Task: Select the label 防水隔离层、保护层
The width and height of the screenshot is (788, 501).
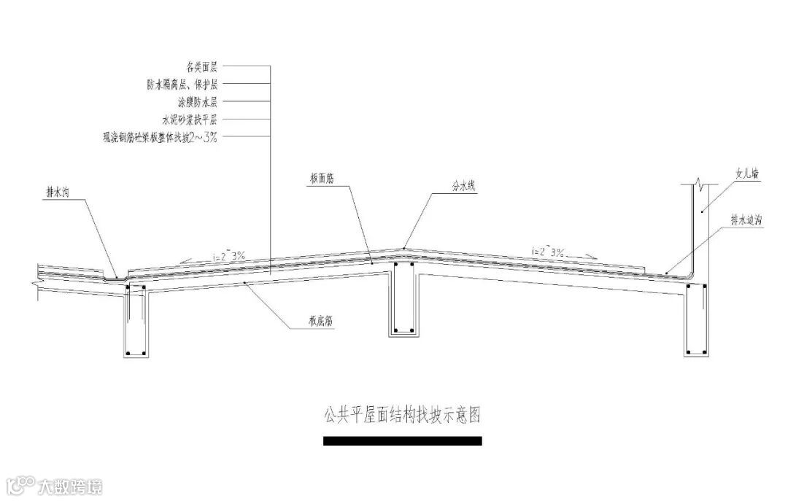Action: coord(182,84)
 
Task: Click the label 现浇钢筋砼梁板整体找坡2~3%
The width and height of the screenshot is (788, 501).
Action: coord(161,136)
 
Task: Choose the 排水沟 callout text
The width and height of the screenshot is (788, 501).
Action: coord(59,193)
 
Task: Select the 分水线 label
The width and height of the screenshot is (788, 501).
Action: coord(463,187)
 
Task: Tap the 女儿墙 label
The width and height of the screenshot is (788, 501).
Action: coord(747,175)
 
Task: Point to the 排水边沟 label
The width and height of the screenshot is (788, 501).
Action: coord(746,218)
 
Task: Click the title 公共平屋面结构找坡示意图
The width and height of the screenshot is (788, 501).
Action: coord(402,416)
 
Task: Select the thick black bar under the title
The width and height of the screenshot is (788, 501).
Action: coord(402,440)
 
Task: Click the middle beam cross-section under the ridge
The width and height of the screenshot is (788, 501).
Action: coord(403,300)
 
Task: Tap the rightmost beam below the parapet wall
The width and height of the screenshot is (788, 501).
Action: coord(696,321)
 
